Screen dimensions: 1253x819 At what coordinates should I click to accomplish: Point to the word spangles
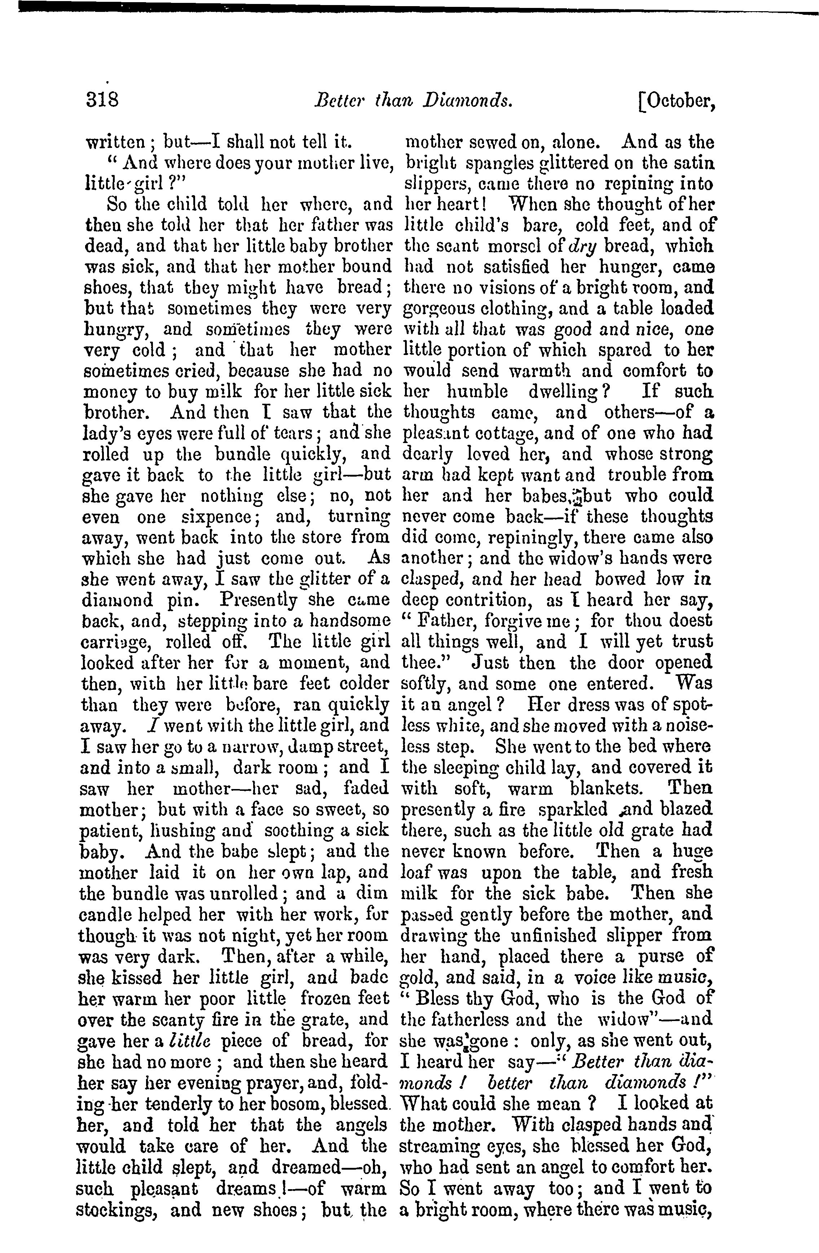click(501, 164)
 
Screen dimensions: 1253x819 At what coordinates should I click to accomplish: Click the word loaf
click(414, 872)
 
